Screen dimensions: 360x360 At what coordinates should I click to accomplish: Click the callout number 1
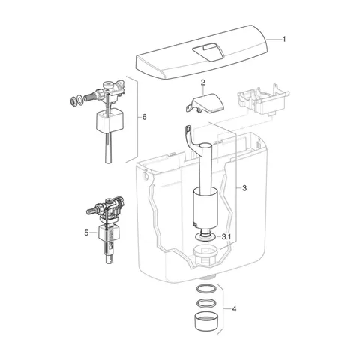(284, 39)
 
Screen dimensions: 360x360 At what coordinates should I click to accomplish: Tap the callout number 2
(203, 82)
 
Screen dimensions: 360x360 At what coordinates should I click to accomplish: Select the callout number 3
(244, 188)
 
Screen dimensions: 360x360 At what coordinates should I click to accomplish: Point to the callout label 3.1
(226, 236)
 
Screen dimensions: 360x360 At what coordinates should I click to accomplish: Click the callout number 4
(234, 309)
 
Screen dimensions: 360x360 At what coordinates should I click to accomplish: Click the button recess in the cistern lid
(208, 51)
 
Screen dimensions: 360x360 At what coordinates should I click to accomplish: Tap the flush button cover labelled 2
(205, 103)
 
